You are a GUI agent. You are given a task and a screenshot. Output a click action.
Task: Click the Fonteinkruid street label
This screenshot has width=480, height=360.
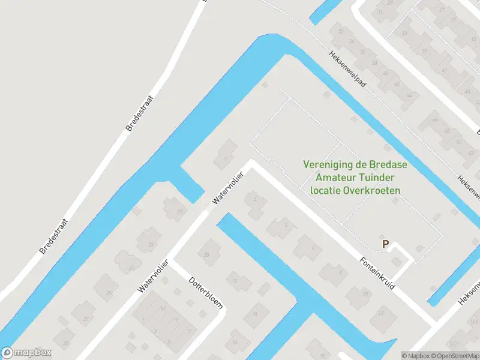point(377,275)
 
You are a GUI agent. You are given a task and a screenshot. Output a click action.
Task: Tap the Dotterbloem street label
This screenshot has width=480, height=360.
point(206,292)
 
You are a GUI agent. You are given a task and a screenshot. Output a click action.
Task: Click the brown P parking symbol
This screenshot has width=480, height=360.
point(386,244)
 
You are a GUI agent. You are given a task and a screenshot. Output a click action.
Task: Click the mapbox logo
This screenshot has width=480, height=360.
point(26,353)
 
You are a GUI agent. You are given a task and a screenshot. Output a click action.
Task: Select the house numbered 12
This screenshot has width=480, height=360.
point(380,313)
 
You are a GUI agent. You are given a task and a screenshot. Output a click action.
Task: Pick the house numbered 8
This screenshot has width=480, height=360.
point(340,271)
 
